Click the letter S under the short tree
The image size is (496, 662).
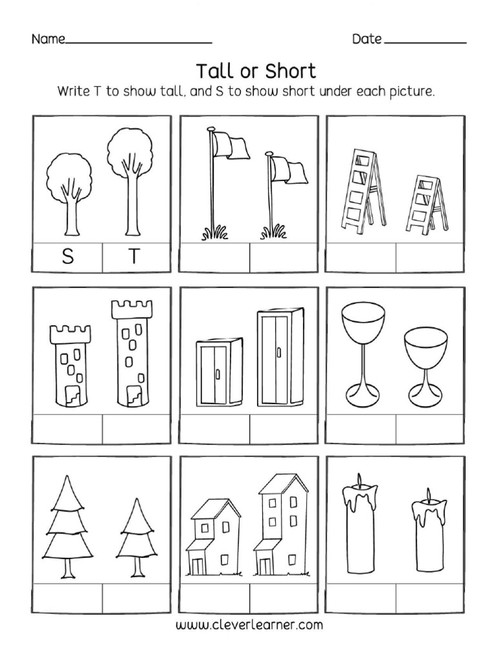(x=68, y=257)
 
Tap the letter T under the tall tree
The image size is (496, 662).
(x=134, y=257)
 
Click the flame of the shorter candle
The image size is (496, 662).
(x=428, y=496)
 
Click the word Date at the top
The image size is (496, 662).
(x=366, y=39)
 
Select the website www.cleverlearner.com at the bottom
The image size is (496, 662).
(x=249, y=625)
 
